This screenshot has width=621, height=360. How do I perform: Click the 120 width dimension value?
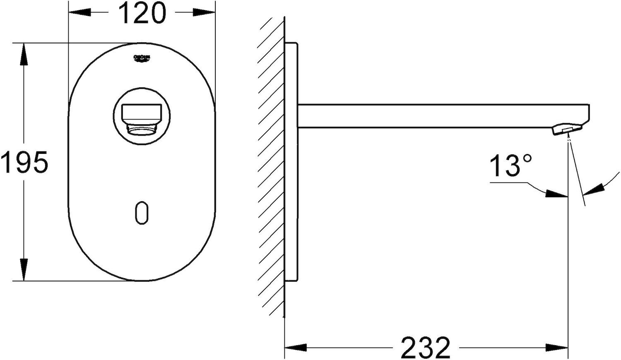click(142, 13)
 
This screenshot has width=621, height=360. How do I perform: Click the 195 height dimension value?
click(24, 162)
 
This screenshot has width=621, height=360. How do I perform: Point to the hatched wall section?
click(272, 166)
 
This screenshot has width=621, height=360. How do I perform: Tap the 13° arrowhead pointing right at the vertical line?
click(557, 194)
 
